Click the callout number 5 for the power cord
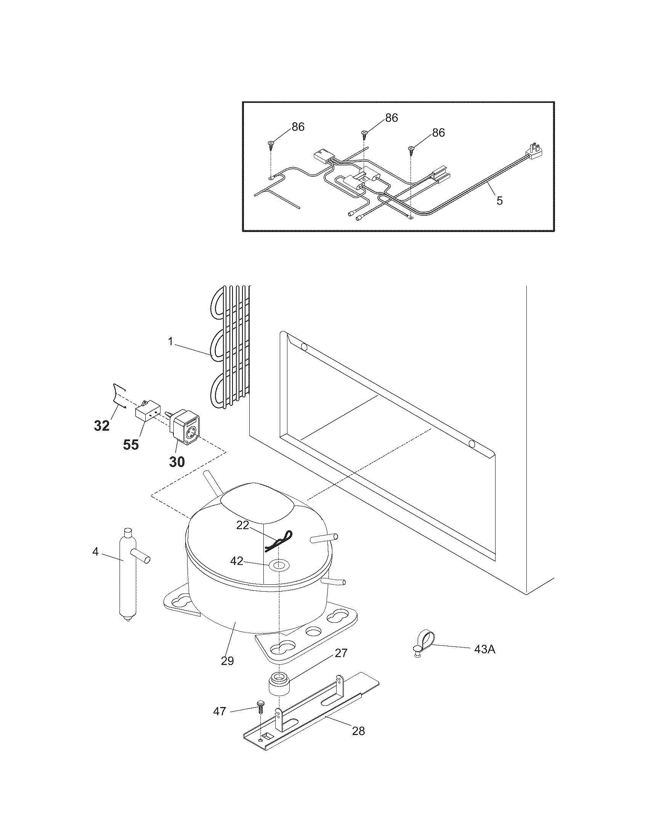click(499, 201)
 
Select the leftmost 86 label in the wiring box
click(298, 127)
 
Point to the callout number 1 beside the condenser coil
click(171, 341)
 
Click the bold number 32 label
click(102, 425)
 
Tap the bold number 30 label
click(177, 462)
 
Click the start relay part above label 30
click(185, 432)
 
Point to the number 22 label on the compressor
click(242, 525)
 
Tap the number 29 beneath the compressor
click(227, 661)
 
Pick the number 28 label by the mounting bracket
click(358, 731)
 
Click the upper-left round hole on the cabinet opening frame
click(304, 348)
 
